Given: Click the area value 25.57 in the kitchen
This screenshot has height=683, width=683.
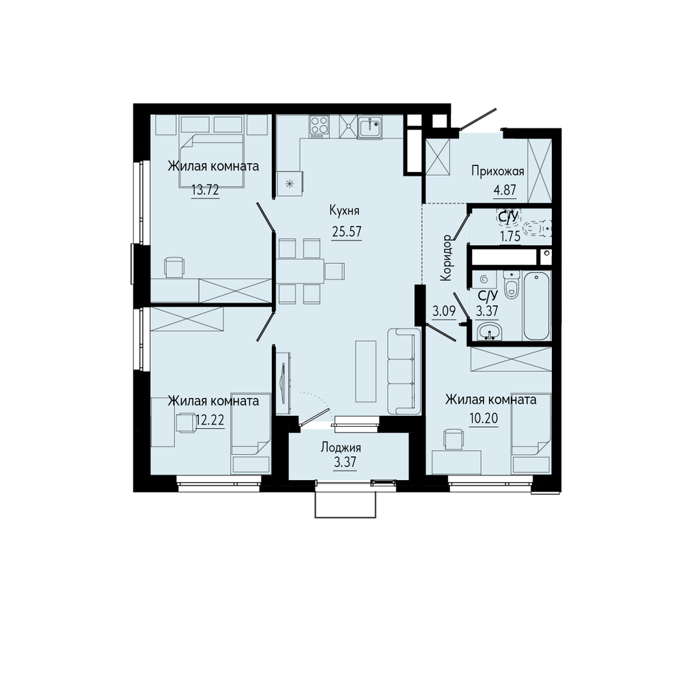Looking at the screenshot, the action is [x=347, y=232].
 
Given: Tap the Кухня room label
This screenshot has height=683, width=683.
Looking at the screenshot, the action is [x=344, y=211].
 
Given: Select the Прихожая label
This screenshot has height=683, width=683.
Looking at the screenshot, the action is [x=498, y=171].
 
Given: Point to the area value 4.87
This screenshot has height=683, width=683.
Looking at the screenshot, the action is [x=505, y=191].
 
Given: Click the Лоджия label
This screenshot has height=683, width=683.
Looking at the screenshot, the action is [x=341, y=447].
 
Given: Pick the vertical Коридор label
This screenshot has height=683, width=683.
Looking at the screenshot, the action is [x=447, y=257].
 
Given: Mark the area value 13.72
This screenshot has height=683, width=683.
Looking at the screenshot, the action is [x=205, y=191].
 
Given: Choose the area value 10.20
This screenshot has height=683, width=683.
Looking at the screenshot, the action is [x=484, y=419].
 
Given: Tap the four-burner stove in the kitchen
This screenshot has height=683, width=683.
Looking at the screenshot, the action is [x=320, y=126].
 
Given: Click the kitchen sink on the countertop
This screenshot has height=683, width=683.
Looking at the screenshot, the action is [x=370, y=127].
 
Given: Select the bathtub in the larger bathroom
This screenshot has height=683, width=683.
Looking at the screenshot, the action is [x=537, y=305].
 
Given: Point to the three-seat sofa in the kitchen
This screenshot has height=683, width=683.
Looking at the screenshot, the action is [x=404, y=371].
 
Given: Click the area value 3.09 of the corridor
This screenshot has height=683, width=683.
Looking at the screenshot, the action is [x=443, y=311].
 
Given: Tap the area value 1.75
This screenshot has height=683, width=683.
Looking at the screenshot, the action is [x=510, y=236].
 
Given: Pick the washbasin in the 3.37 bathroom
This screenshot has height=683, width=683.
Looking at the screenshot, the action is [x=489, y=332].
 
